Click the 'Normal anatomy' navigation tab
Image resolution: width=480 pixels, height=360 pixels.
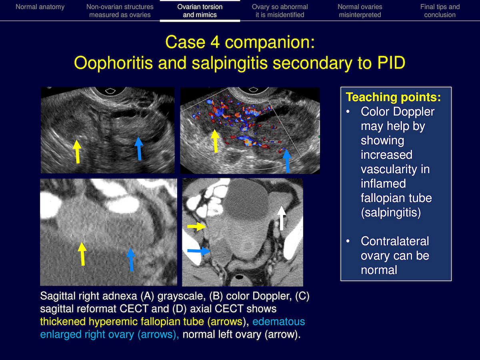pos(40,7)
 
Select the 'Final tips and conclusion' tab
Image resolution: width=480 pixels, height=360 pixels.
pos(440,11)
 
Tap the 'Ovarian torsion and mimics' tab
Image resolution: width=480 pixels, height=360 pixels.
pos(200,11)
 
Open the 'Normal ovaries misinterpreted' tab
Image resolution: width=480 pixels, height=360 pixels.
pos(360,11)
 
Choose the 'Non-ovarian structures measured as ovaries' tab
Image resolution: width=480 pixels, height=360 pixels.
pos(120,11)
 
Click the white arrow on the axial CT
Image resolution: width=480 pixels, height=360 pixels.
pos(282,218)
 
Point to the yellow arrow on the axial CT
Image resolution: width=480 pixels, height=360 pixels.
pos(196,227)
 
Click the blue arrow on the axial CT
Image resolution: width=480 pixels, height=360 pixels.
pos(199,251)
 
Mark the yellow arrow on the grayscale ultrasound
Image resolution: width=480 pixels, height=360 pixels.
pos(77,152)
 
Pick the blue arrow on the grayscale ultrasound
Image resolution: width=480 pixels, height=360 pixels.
pos(139,148)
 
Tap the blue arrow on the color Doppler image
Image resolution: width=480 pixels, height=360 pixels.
pos(287,161)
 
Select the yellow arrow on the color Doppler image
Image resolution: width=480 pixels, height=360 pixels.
pos(215,141)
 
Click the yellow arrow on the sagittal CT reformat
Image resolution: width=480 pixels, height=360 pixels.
pos(82,254)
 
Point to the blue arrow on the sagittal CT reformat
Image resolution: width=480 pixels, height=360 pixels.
pos(131,259)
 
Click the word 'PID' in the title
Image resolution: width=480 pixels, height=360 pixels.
pos(391,63)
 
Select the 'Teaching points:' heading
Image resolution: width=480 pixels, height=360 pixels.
pos(393,97)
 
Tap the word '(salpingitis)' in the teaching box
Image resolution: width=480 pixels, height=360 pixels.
pos(391,212)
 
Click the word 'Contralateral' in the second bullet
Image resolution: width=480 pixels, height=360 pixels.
pos(395,241)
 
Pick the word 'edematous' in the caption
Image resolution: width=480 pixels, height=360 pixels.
pos(278,322)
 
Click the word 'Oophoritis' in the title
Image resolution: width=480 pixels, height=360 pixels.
pos(113,63)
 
